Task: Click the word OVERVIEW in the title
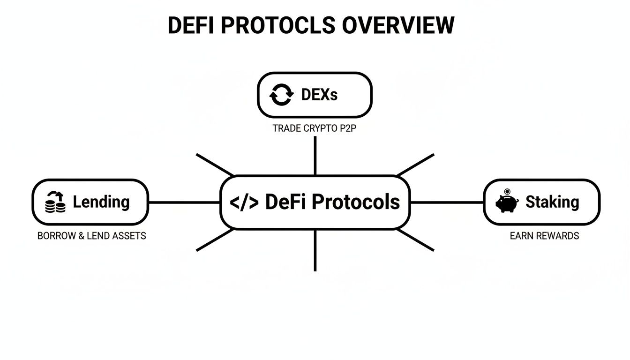(x=398, y=25)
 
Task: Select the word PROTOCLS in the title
(x=278, y=25)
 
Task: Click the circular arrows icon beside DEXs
(x=281, y=95)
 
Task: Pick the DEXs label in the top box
(x=319, y=95)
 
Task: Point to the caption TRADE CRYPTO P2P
(x=315, y=128)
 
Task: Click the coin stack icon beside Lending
(x=55, y=203)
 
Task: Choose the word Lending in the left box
(x=101, y=202)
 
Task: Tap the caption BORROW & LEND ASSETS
(x=91, y=236)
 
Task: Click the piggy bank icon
(x=506, y=204)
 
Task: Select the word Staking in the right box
(x=552, y=202)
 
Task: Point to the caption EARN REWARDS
(x=544, y=236)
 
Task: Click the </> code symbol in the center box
(x=244, y=202)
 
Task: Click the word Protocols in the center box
(x=356, y=202)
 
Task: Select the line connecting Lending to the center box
(x=184, y=202)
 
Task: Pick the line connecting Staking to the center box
(x=446, y=202)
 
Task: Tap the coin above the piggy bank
(x=507, y=191)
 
